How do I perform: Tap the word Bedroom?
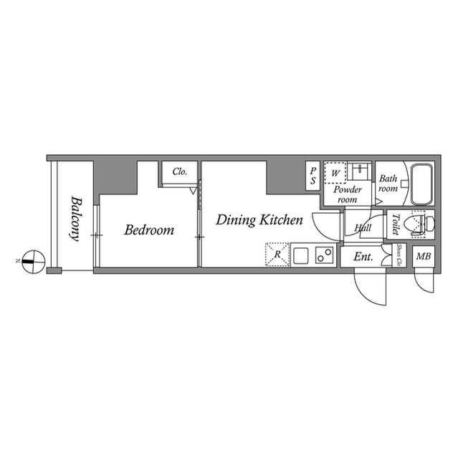149,230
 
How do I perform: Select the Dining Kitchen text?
259,220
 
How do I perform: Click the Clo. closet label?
179,172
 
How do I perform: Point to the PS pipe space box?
313,176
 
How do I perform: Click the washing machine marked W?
335,173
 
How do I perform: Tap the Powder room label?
347,194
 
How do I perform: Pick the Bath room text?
388,184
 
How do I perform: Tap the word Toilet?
393,225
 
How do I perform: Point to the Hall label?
363,229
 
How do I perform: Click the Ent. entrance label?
364,256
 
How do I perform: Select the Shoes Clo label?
398,255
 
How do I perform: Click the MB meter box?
423,256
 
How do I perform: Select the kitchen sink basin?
300,255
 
